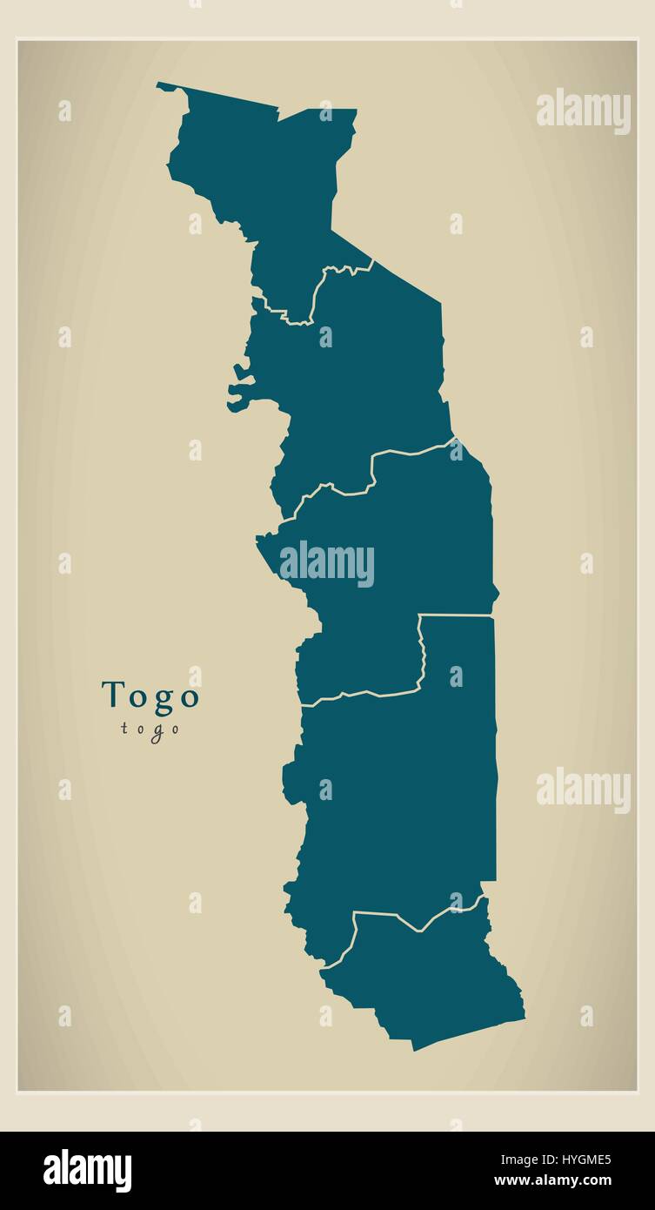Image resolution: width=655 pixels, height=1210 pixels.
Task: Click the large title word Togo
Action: (150, 696)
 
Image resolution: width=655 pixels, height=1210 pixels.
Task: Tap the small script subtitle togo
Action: (150, 729)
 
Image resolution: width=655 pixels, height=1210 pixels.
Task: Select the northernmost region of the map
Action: (261, 174)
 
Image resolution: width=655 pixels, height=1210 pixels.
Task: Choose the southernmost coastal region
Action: (426, 975)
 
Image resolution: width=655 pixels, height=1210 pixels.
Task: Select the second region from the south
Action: (391, 783)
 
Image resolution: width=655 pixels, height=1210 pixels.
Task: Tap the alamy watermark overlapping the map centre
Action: (327, 564)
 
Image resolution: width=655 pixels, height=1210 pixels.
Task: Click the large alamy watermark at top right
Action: (583, 111)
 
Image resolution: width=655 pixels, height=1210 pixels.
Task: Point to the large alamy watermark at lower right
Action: (583, 790)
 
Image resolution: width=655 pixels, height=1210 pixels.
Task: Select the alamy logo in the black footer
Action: (87, 1170)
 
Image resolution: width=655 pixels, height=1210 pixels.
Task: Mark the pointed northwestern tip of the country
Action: (159, 84)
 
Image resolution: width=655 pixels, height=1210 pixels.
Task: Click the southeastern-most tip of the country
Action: (524, 1013)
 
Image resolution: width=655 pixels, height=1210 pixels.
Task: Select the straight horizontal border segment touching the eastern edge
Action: (456, 615)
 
